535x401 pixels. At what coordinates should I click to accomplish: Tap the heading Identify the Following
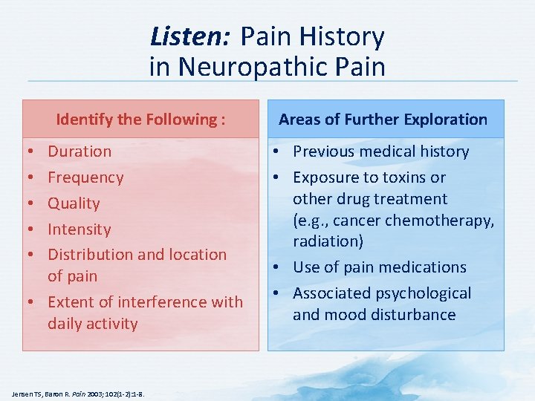pyautogui.click(x=140, y=120)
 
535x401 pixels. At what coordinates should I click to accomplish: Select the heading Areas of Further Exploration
pyautogui.click(x=383, y=120)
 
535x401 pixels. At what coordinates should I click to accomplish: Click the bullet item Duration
pyautogui.click(x=80, y=151)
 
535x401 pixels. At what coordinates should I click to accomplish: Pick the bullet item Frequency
pyautogui.click(x=85, y=177)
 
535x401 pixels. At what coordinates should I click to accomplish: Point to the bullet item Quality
pyautogui.click(x=74, y=203)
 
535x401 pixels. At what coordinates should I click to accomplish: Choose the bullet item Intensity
pyautogui.click(x=79, y=229)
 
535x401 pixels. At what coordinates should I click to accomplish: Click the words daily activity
pyautogui.click(x=92, y=324)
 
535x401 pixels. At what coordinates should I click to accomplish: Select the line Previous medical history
pyautogui.click(x=380, y=151)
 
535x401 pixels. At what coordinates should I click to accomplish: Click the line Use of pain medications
pyautogui.click(x=379, y=267)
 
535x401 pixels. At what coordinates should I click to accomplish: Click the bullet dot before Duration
pyautogui.click(x=28, y=151)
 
